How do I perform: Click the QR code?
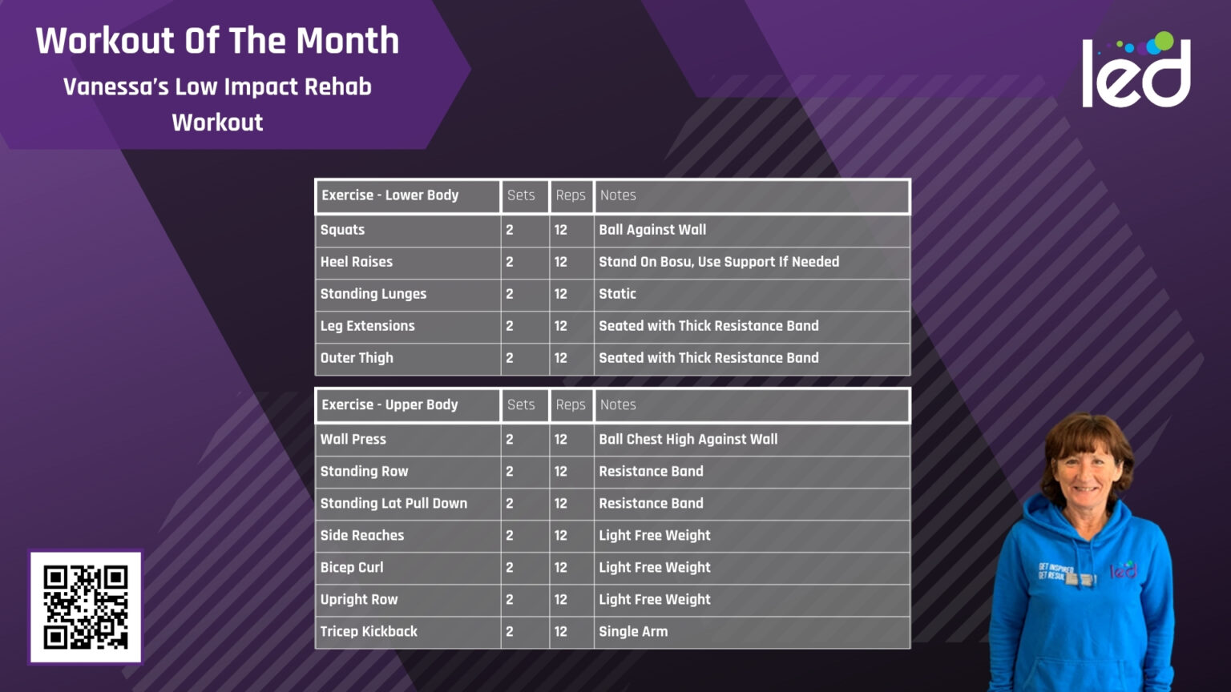coord(86,607)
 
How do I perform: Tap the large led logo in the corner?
coord(1136,70)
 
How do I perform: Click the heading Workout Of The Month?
coord(217,41)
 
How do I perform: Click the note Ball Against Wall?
coord(652,230)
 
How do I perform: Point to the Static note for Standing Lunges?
coord(617,294)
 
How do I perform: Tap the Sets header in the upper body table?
coord(521,405)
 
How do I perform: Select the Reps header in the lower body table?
coord(571,195)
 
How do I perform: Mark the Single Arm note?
coord(633,632)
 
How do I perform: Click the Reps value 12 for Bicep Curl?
coord(561,568)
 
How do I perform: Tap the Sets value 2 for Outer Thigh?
coord(510,358)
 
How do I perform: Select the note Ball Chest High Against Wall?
coord(688,440)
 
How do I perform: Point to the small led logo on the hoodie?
coord(1124,570)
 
